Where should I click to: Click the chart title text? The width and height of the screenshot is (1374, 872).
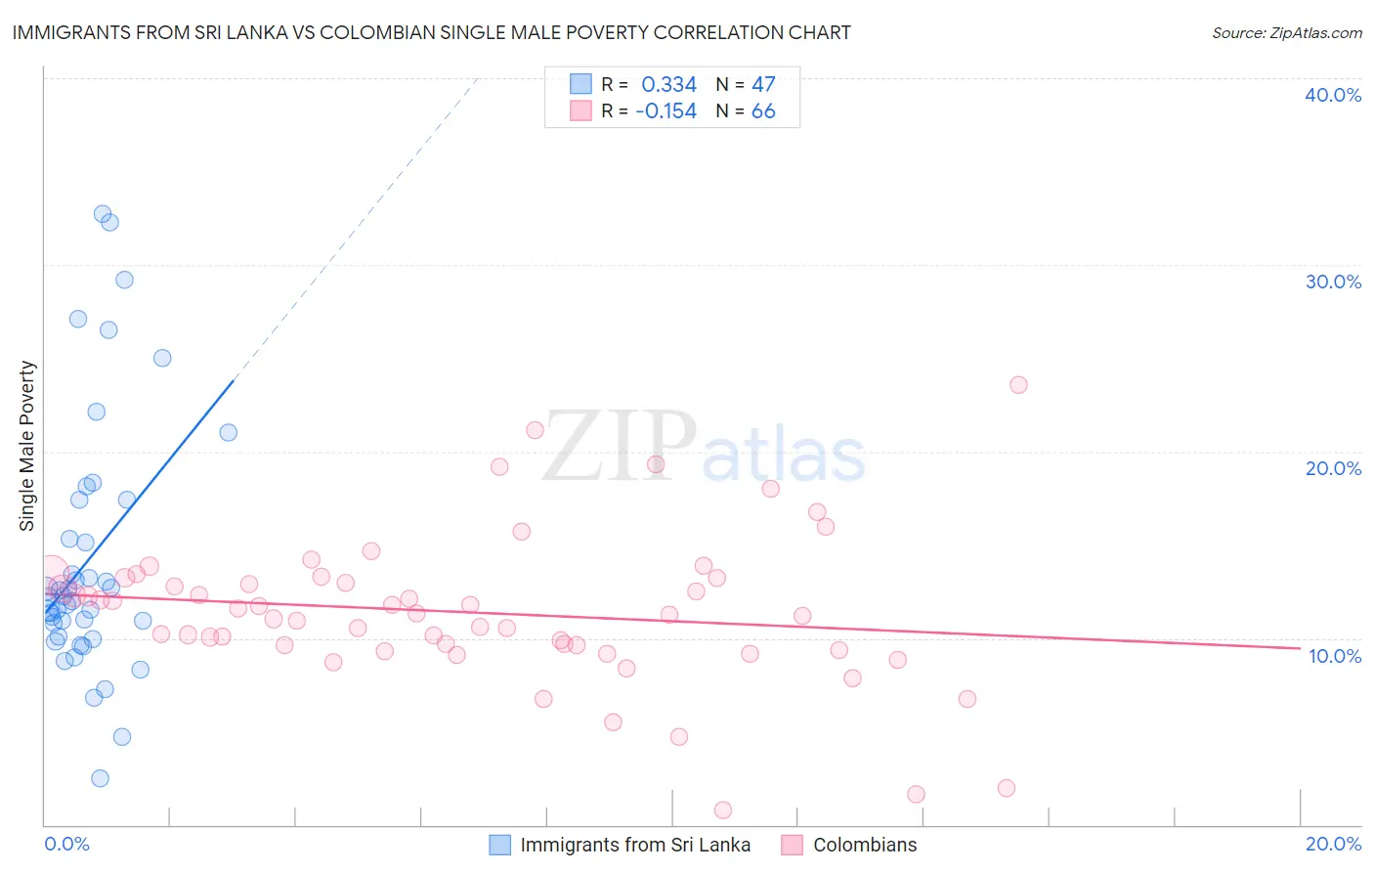[431, 32]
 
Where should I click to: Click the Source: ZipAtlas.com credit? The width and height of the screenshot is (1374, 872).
[1286, 32]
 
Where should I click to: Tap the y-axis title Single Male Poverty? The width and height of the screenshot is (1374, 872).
[27, 446]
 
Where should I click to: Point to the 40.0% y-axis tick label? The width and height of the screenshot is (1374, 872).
[1333, 95]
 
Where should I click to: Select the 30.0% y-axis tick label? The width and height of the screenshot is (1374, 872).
[1333, 282]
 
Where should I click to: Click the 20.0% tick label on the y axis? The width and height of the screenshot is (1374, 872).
[1333, 468]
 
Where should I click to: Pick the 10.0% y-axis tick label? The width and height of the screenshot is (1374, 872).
[1335, 656]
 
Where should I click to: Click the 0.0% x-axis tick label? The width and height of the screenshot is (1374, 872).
[66, 844]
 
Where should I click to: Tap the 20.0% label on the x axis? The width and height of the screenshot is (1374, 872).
[1333, 844]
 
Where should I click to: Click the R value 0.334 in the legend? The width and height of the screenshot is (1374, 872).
[668, 85]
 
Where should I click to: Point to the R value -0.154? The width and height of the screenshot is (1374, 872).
[666, 111]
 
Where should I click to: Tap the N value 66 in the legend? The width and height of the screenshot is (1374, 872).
[763, 111]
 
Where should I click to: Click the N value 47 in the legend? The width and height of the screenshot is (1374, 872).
[763, 85]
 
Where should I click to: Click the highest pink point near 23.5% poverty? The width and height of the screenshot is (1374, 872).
[1018, 385]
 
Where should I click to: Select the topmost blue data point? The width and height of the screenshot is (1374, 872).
[103, 214]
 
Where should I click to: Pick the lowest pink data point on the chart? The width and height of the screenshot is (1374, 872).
[723, 809]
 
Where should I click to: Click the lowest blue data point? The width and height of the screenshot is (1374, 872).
[100, 778]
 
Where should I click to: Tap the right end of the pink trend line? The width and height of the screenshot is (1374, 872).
[1300, 648]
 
